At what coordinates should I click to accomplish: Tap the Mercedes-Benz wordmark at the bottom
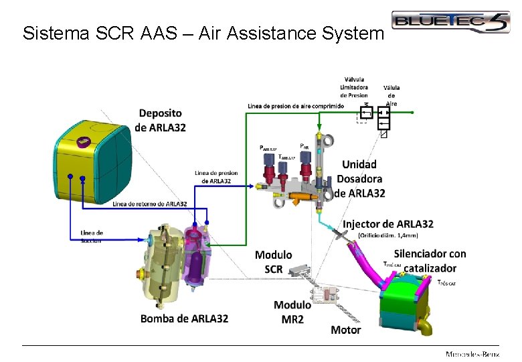(472, 354)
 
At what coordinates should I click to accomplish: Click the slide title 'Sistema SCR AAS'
(203, 33)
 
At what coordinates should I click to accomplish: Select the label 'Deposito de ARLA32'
(160, 120)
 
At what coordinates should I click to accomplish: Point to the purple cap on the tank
(83, 141)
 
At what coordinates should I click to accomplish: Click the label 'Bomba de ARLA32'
(184, 318)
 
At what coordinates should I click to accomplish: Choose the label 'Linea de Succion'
(91, 236)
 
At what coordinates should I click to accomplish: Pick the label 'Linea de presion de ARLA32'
(216, 177)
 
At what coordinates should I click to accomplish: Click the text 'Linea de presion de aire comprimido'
(295, 106)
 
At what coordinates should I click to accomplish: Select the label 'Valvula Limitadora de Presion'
(353, 87)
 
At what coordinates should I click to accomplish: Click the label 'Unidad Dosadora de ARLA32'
(359, 178)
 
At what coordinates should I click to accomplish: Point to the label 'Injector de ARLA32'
(388, 223)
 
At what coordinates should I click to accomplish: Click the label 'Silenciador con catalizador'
(430, 261)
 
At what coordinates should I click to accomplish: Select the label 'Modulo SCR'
(273, 261)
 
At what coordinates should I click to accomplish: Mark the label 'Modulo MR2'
(292, 312)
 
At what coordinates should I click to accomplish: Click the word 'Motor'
(345, 329)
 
